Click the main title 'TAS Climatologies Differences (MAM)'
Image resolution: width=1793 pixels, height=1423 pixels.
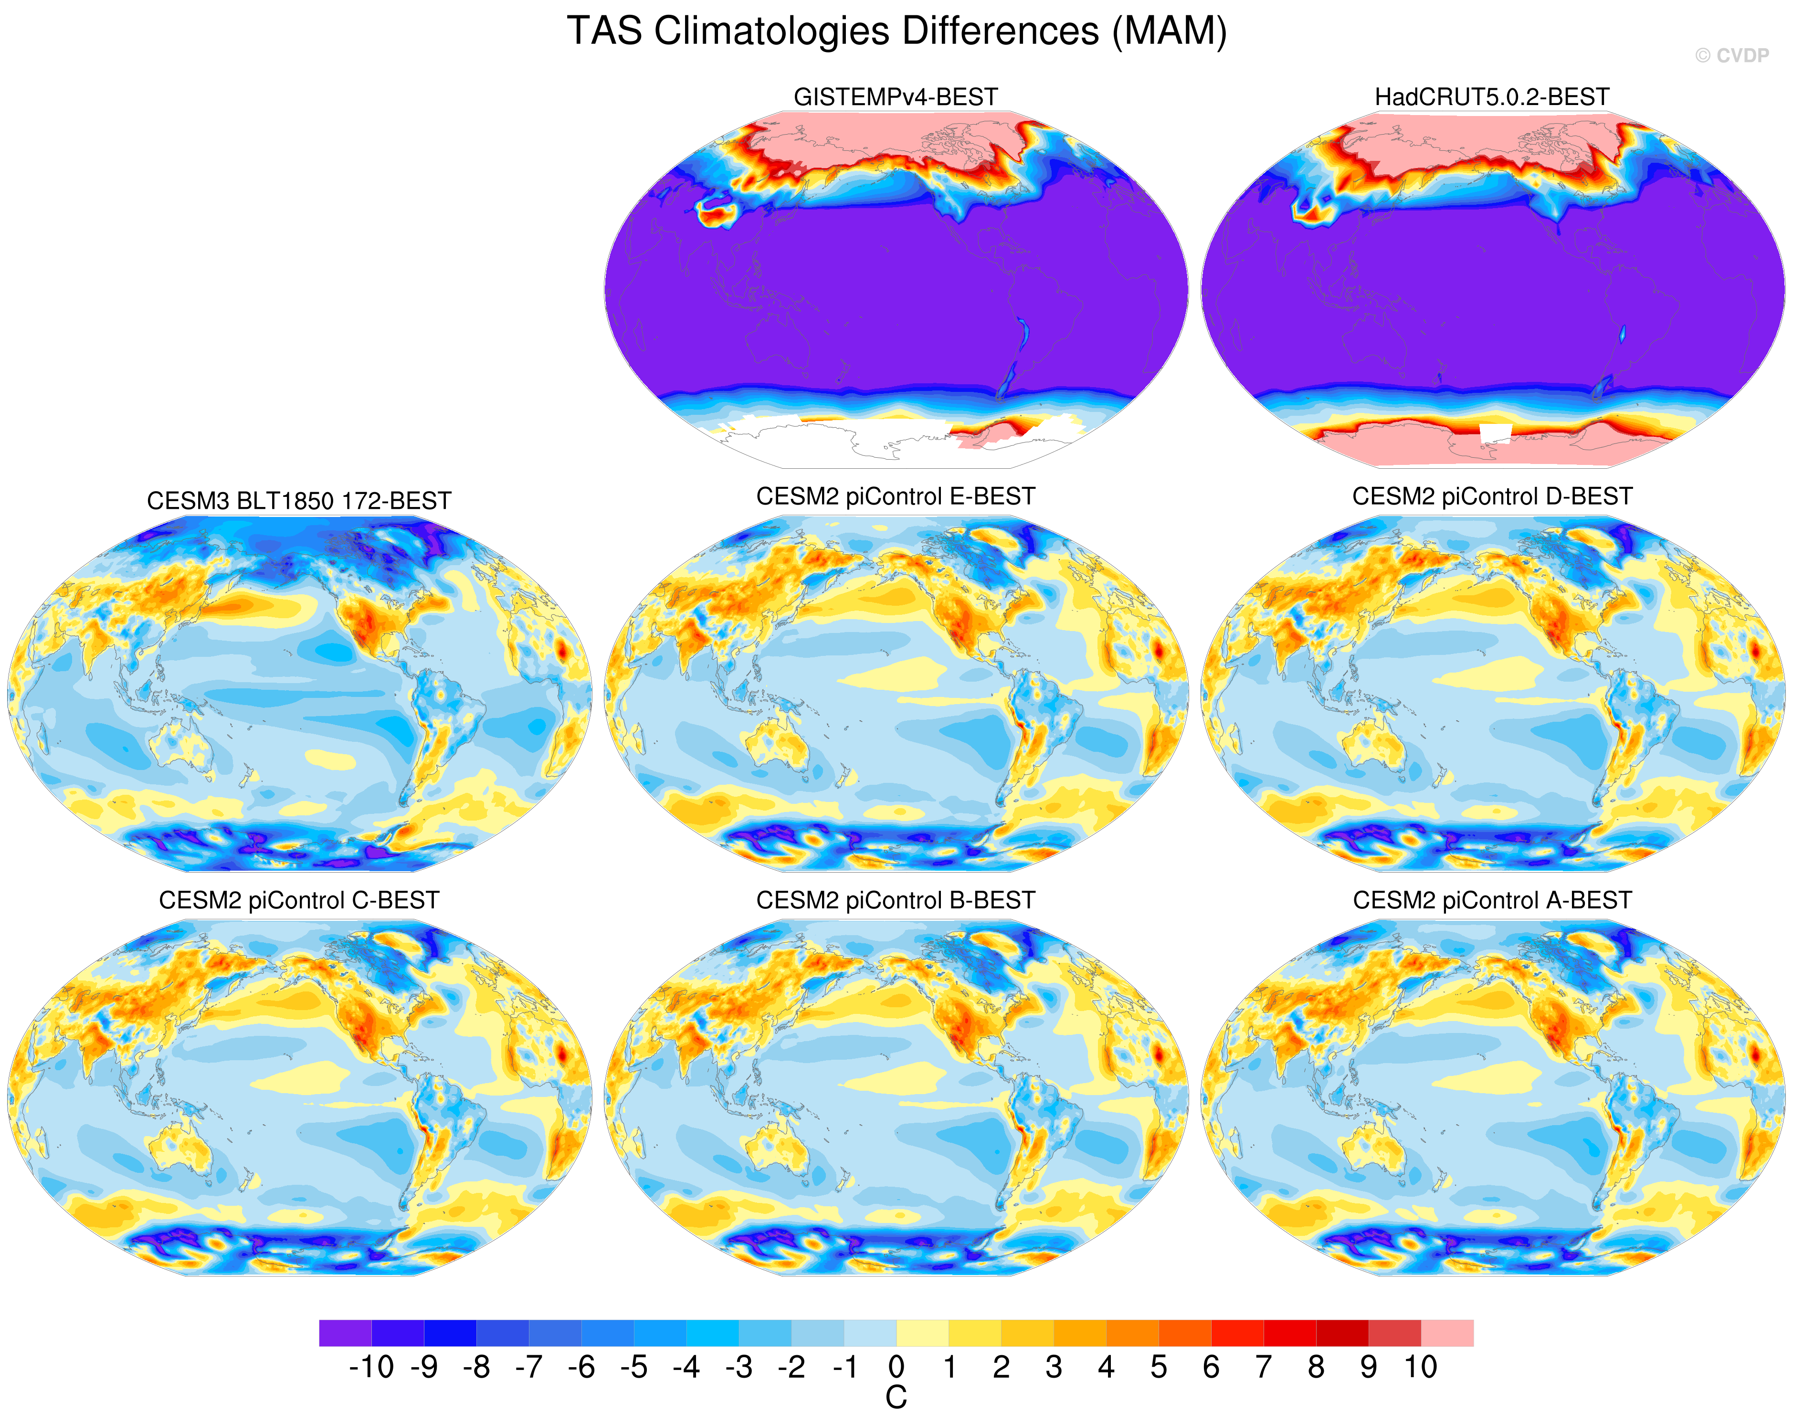coord(896,32)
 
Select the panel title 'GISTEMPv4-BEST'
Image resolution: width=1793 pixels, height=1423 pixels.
coord(896,97)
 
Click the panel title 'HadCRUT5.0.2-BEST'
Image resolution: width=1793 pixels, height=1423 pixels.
coord(1492,97)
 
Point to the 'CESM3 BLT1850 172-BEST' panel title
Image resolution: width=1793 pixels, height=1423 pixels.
coord(299,501)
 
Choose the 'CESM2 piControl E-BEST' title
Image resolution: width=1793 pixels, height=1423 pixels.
coord(896,496)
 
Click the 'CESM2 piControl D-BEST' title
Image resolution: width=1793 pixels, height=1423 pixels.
coord(1492,496)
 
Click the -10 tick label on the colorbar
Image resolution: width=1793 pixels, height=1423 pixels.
coord(371,1367)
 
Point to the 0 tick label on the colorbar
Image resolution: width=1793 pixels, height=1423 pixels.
coord(896,1367)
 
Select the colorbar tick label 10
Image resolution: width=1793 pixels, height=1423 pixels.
coord(1421,1367)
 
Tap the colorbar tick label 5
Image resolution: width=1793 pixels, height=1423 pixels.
coord(1159,1367)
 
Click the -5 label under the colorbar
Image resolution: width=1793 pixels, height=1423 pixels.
coord(633,1367)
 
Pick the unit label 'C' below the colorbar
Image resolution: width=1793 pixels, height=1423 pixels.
coord(896,1399)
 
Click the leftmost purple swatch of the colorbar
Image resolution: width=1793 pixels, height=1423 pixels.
coord(345,1333)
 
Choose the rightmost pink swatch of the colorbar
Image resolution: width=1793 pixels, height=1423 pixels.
coord(1447,1333)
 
